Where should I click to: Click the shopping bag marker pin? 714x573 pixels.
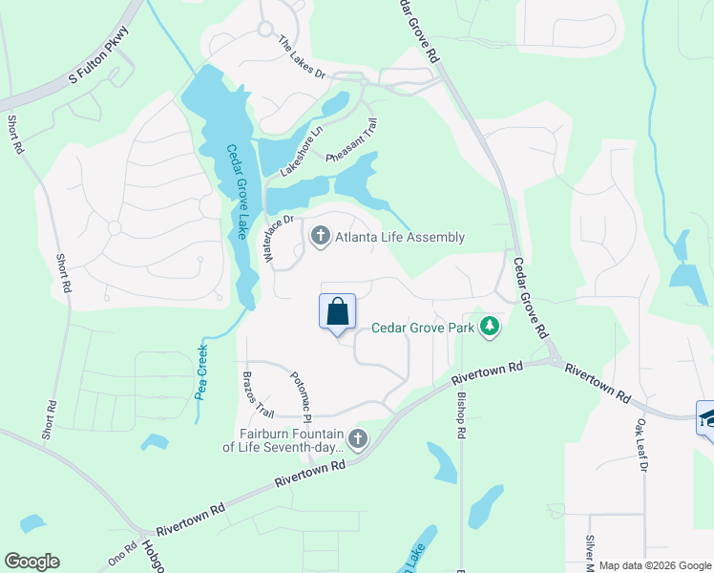pos(337,312)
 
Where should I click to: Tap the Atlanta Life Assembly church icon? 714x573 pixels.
pos(321,235)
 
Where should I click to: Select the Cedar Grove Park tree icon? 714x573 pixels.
pos(491,328)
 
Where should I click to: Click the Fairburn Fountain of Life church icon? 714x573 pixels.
pos(358,438)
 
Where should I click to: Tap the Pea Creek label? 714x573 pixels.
pos(201,371)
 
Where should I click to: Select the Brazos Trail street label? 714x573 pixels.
pos(259,393)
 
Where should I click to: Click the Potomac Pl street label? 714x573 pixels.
pos(302,396)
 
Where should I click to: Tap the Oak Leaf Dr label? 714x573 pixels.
pos(641,444)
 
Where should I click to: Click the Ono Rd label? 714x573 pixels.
pos(122,555)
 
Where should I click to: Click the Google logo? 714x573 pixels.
pos(31,562)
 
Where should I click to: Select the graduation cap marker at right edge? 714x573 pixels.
pos(707,417)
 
